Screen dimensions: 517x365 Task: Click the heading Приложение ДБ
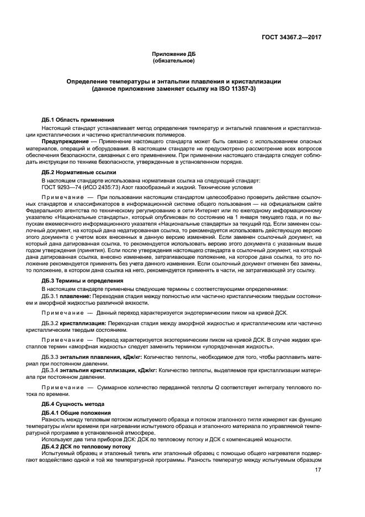pyautogui.click(x=174, y=54)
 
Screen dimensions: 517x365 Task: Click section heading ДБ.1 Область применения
pyautogui.click(x=78, y=120)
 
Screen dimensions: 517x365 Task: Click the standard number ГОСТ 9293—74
pyautogui.click(x=63, y=187)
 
